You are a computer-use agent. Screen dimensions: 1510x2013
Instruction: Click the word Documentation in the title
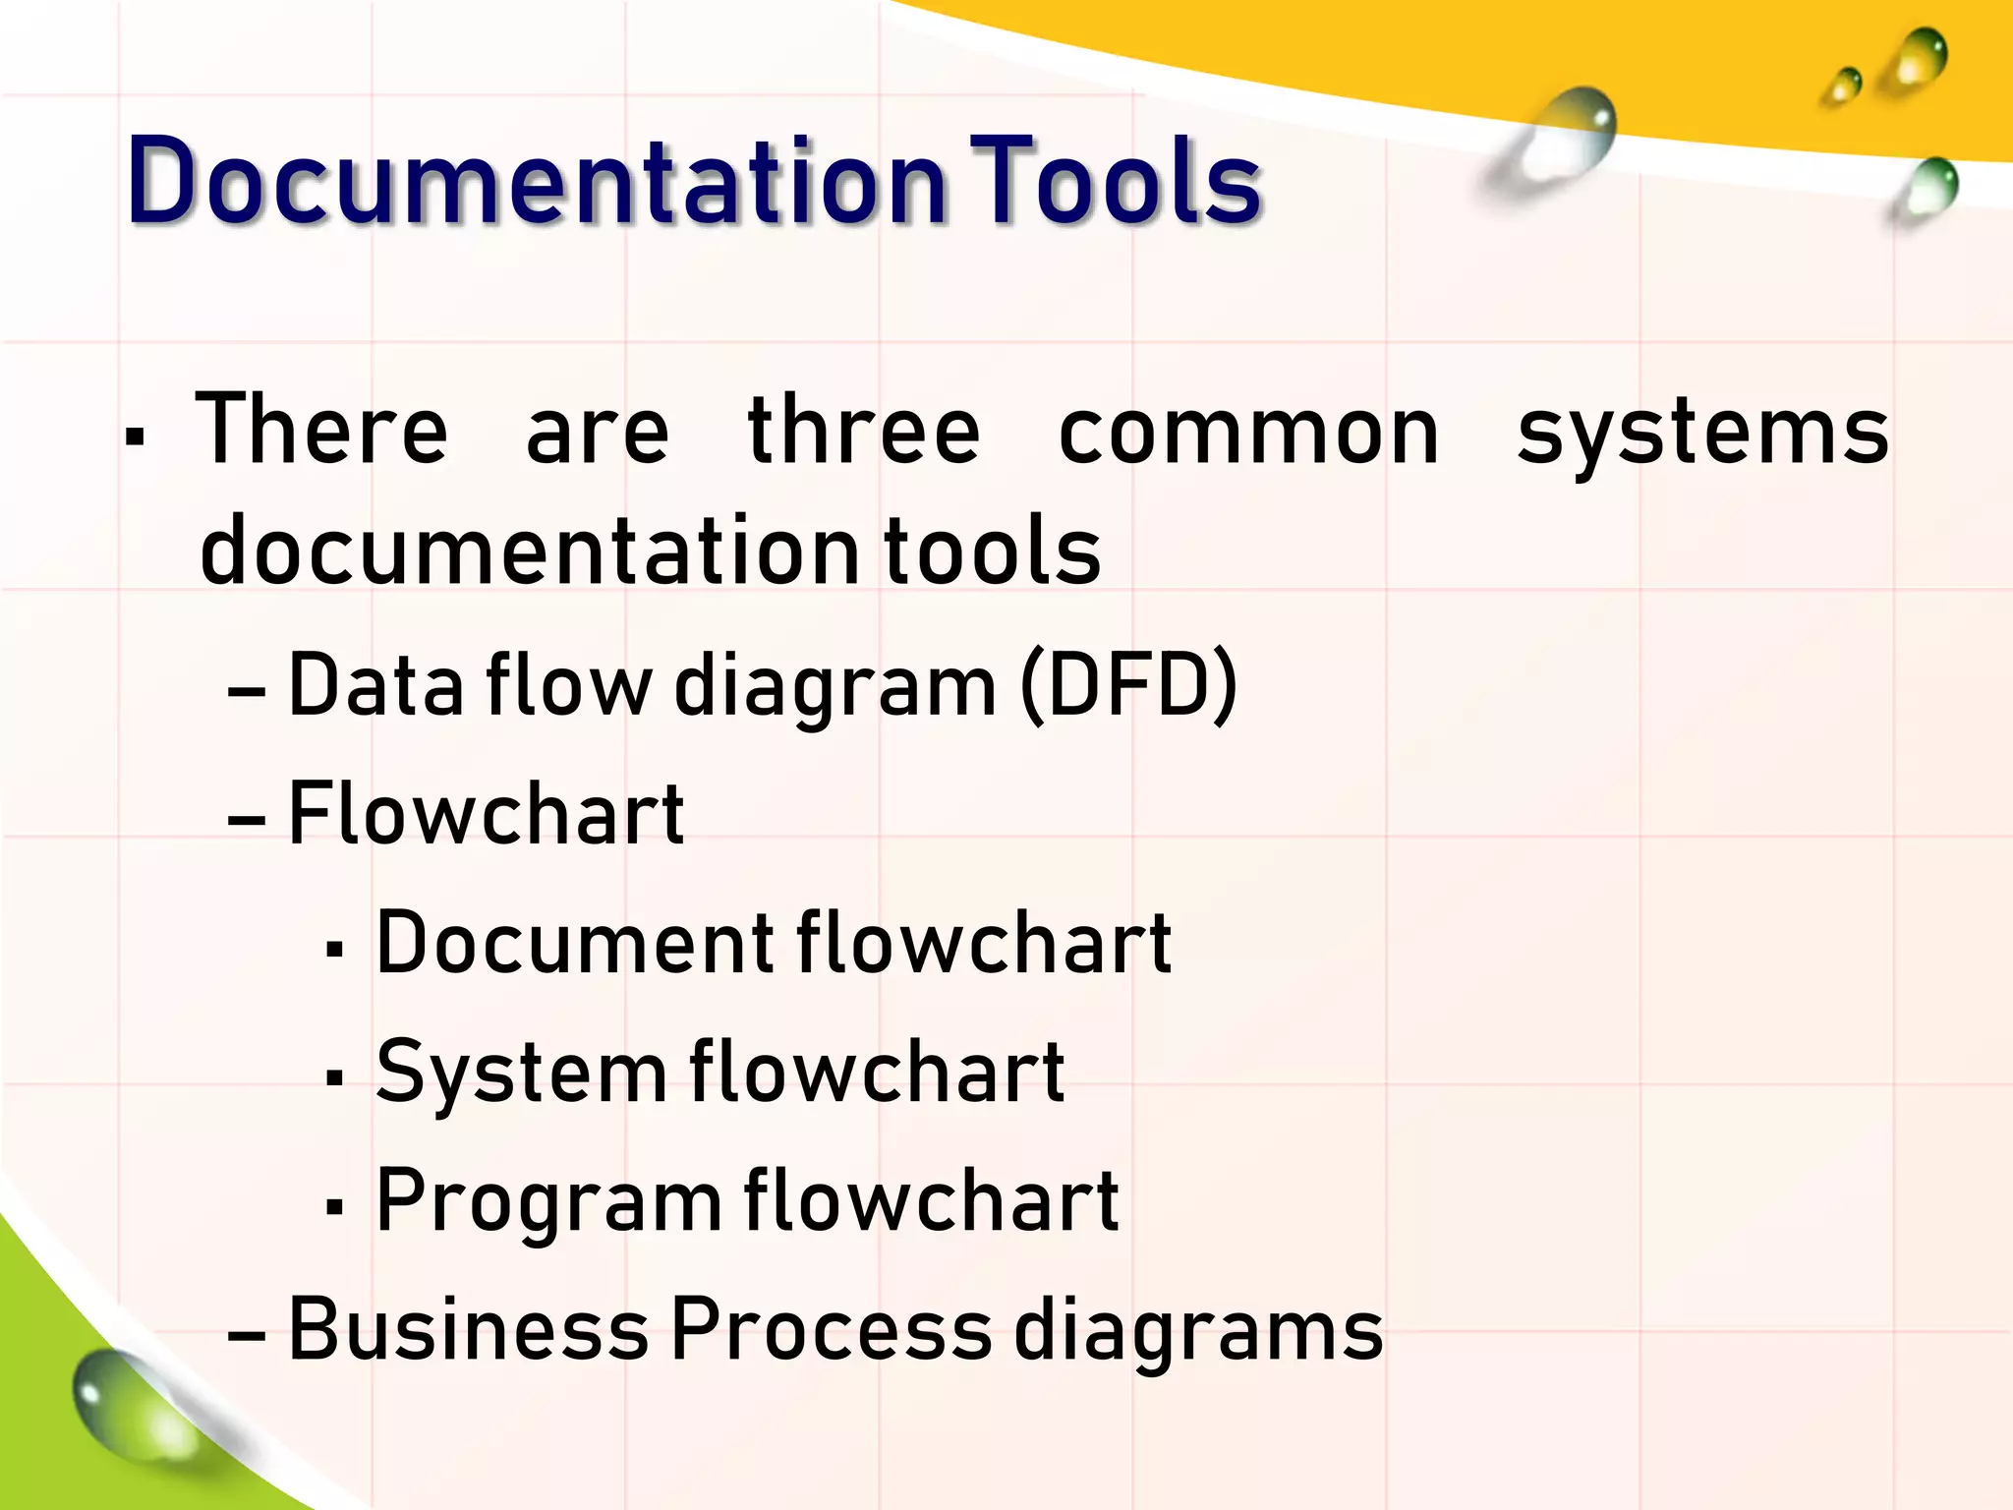tap(536, 182)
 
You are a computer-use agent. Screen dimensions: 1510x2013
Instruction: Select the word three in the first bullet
tap(863, 433)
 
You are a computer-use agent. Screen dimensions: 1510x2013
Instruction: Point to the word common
tap(1248, 433)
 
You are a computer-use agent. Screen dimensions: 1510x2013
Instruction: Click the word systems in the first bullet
tap(1702, 433)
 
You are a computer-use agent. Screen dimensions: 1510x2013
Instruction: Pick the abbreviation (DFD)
tap(1128, 685)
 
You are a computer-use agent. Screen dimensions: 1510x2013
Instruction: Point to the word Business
tap(468, 1329)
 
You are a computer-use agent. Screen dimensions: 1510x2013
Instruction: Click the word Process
tap(832, 1329)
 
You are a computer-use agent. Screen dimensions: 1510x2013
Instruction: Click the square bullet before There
tap(136, 436)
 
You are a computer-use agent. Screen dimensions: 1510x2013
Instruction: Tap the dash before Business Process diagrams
tap(246, 1336)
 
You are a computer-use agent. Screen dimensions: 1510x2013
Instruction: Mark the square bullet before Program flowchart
tap(334, 1206)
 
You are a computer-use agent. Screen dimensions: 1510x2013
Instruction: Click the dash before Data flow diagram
tap(246, 692)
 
